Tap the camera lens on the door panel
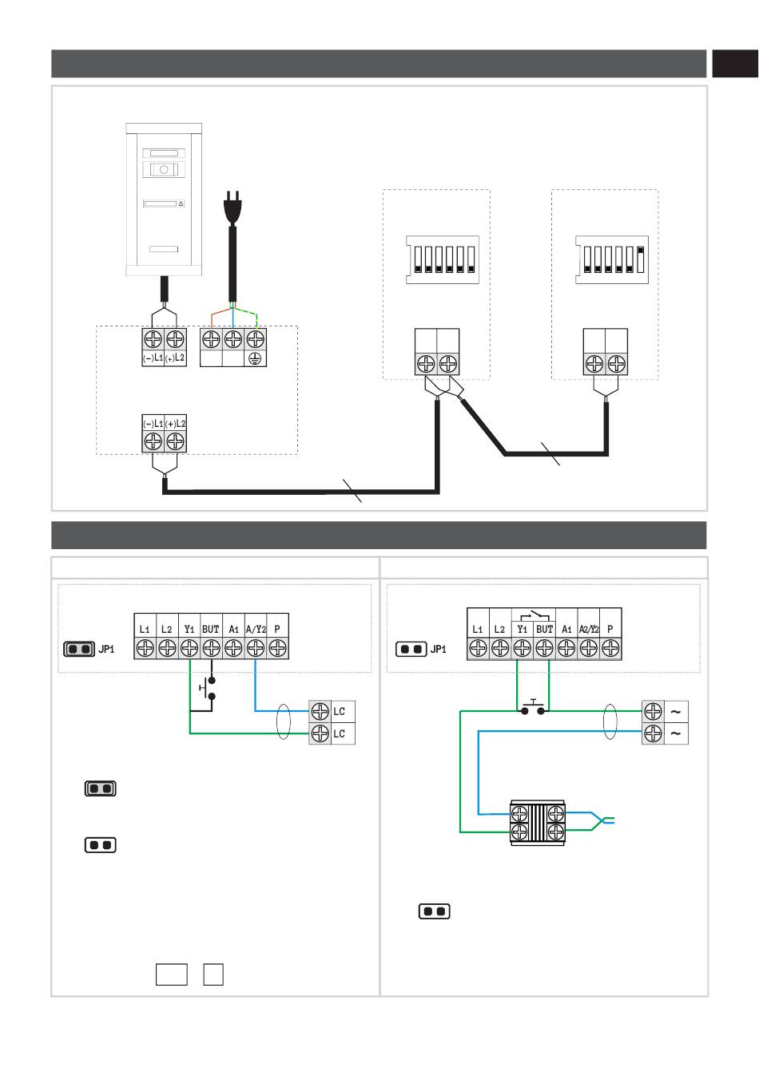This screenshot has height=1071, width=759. coord(164,169)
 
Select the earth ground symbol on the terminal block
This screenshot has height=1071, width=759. coord(256,358)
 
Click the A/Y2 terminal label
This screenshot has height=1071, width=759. coord(256,629)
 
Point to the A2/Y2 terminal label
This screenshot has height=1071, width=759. coord(589,629)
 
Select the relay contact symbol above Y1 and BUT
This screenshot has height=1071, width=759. coord(534,615)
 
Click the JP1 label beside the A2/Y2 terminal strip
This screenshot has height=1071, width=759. coord(439,650)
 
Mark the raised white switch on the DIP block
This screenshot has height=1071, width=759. coord(641,254)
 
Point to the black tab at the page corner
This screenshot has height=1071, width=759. coord(734,64)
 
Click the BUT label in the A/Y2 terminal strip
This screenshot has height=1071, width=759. coord(211,629)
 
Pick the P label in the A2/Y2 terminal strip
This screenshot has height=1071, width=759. coord(610,629)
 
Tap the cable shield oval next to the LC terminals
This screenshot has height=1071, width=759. coord(283,722)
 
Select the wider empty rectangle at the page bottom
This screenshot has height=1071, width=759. coord(172,974)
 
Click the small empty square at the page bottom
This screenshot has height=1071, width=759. coord(213,974)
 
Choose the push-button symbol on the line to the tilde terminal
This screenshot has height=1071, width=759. coord(533,707)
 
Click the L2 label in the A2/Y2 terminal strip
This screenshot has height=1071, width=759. coord(499,629)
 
